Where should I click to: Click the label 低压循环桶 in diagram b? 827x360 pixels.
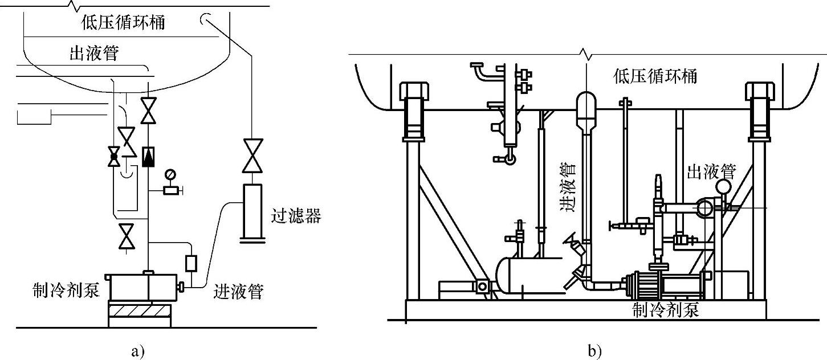(x=655, y=76)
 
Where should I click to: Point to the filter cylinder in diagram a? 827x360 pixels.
(x=252, y=210)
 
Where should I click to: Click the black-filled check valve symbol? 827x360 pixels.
(x=148, y=157)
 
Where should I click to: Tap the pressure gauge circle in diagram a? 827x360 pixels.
(x=169, y=174)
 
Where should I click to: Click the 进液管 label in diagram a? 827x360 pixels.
(x=238, y=292)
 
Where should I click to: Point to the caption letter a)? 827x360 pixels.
(x=138, y=352)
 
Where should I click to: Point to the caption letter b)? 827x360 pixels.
(x=594, y=352)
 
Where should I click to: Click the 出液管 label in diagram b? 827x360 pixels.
(x=711, y=171)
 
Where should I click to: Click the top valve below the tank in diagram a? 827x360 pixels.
(x=148, y=111)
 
